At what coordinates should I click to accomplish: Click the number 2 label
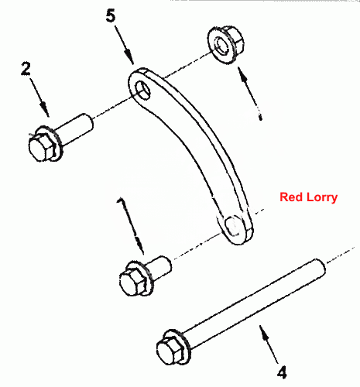point(26,69)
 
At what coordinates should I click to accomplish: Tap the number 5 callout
point(111,15)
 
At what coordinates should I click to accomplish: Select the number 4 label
point(282,372)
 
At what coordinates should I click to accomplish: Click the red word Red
point(291,197)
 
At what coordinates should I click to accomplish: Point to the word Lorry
point(322,197)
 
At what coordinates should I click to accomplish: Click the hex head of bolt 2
point(42,147)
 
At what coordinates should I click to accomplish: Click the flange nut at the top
point(225,44)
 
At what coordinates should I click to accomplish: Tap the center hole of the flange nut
point(221,44)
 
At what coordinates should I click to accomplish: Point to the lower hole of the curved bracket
point(233,225)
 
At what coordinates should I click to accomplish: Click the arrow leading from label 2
point(39,98)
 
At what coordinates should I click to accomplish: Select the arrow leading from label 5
point(125,45)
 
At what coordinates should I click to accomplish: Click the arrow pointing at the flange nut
point(249,93)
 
